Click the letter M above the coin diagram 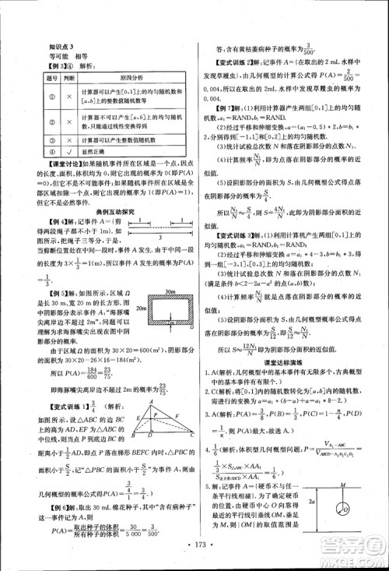pos(342,488)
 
